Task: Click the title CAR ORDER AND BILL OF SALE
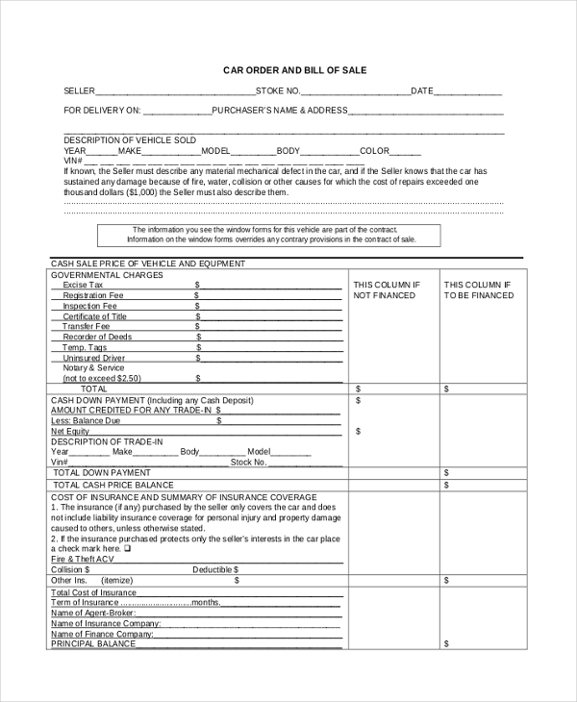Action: [x=294, y=70]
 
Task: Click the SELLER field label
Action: [x=79, y=91]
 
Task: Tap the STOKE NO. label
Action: [x=278, y=91]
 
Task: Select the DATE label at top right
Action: [x=422, y=91]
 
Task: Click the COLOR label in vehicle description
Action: [x=374, y=151]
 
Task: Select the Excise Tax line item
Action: [x=83, y=286]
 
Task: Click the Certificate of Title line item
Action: [x=94, y=316]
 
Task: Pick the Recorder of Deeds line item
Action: [x=97, y=338]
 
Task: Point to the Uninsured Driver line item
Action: [x=94, y=358]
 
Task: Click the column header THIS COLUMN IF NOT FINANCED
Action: [x=387, y=290]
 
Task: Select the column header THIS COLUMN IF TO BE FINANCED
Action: [x=479, y=290]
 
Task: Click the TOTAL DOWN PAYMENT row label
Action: [x=102, y=473]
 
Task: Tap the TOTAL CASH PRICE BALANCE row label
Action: [x=113, y=486]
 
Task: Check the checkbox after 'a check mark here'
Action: [x=127, y=548]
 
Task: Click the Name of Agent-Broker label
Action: [x=92, y=613]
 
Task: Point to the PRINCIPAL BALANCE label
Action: [x=93, y=644]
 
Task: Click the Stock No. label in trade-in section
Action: [x=248, y=462]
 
